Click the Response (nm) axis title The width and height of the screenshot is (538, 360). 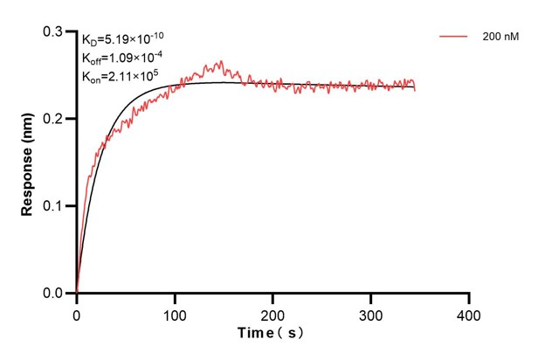click(29, 162)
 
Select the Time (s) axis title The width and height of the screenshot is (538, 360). click(272, 334)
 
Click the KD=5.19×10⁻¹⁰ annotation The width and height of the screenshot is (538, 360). click(122, 39)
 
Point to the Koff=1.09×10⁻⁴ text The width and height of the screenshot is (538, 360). click(121, 58)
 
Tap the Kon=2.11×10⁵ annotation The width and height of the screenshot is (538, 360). click(120, 76)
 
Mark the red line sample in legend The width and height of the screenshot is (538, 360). click(454, 37)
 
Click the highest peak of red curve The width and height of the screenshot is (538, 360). click(221, 61)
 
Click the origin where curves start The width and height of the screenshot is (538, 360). click(77, 294)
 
